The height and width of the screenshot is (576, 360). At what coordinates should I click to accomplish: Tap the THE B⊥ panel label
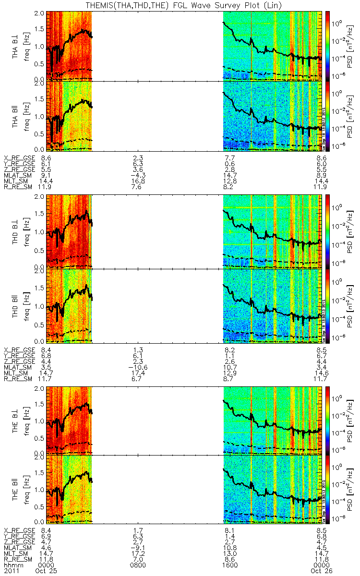click(x=17, y=420)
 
